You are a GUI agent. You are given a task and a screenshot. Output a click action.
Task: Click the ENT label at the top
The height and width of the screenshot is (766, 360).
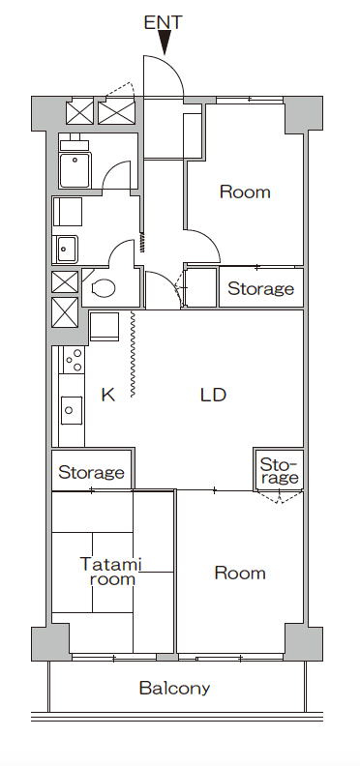tap(163, 22)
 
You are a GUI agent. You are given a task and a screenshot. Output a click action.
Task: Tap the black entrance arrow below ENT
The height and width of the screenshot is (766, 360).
tap(165, 43)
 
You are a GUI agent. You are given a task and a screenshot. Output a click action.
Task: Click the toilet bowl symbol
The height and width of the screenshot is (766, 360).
tap(103, 288)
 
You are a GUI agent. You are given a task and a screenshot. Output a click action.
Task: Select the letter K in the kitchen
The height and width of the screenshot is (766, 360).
tap(108, 395)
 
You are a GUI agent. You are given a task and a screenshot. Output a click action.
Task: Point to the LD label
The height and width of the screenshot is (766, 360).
tap(213, 395)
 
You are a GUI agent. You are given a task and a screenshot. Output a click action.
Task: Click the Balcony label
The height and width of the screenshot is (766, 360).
tap(174, 689)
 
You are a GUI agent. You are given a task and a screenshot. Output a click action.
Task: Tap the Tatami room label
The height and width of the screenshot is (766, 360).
tap(110, 572)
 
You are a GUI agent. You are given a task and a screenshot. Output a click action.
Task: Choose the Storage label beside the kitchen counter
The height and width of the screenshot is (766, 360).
tap(91, 472)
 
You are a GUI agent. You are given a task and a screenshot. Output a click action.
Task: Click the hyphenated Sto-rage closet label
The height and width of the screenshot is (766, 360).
tap(279, 470)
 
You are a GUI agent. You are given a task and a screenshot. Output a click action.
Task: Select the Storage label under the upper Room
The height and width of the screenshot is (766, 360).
tap(260, 289)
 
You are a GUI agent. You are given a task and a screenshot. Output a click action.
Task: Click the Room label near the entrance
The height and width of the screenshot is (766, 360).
tap(245, 191)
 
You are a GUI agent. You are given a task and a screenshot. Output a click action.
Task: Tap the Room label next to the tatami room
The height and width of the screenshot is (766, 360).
tap(240, 573)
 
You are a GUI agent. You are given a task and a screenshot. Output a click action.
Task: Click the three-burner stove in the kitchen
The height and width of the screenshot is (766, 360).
tap(74, 360)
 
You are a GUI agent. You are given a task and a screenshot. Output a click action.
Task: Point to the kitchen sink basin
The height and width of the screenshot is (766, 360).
tap(72, 410)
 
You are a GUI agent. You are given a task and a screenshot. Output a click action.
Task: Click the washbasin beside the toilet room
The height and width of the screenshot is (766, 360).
tap(66, 250)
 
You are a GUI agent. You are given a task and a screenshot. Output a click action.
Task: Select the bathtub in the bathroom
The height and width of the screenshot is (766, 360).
tap(75, 170)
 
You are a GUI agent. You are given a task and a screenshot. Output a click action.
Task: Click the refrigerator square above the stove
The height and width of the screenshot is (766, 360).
tap(105, 326)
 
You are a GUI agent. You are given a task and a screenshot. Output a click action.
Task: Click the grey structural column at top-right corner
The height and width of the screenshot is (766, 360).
tap(303, 114)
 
